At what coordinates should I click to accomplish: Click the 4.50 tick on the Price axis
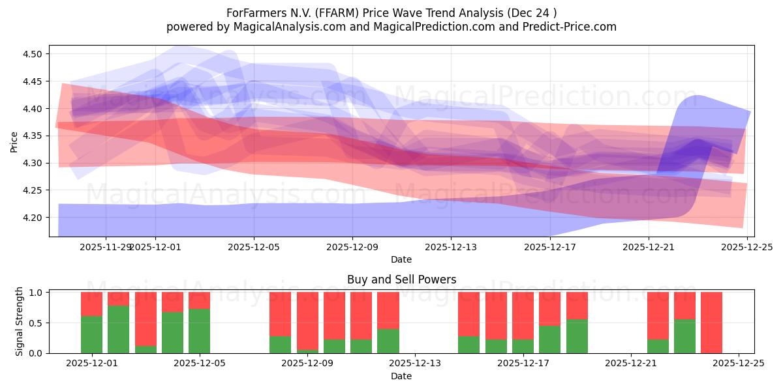click(32, 54)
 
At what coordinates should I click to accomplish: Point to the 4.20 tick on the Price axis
click(32, 218)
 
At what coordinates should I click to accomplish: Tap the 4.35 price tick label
click(32, 136)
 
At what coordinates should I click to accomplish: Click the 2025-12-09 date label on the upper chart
click(352, 247)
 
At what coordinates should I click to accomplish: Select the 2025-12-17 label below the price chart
click(550, 247)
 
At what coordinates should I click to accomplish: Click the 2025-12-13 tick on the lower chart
click(416, 364)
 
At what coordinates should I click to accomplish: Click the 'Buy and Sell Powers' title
click(401, 280)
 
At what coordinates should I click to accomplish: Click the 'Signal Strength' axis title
click(20, 321)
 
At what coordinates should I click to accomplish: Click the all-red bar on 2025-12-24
click(711, 323)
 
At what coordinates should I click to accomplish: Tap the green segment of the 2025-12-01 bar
click(92, 334)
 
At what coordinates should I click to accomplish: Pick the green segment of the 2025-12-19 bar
click(577, 336)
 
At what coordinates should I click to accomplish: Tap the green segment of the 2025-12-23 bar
click(684, 336)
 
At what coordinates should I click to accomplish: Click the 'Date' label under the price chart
click(401, 259)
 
